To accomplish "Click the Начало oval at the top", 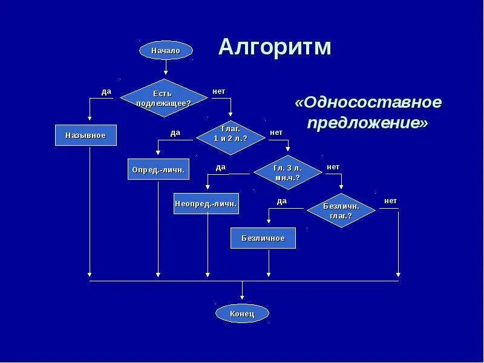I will coord(166,50).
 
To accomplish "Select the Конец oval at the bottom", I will coord(242,313).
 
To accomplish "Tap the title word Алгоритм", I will coord(275,47).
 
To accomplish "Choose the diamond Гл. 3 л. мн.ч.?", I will coord(287,173).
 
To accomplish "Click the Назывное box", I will coord(85,135).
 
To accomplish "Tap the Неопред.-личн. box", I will coord(206,203).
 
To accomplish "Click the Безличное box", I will coord(263,238).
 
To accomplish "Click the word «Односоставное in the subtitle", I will coord(368,102).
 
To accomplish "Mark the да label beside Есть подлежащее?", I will coord(106,91).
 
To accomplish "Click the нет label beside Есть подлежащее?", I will coord(218,91).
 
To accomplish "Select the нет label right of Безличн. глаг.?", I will coord(390,200).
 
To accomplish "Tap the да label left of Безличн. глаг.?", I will coord(281,201).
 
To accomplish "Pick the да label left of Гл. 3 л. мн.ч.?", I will coord(220,166).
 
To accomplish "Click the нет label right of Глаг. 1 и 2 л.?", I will coord(276,132).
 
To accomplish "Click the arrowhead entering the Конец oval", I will coord(242,297).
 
